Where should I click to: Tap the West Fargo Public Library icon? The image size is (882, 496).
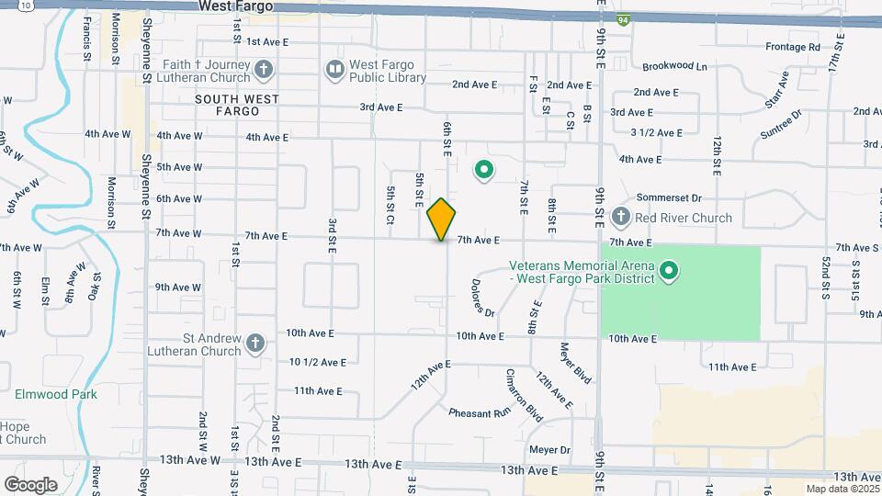tap(335, 69)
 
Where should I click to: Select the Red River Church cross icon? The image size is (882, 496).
tap(620, 218)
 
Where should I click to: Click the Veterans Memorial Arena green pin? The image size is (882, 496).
tap(670, 271)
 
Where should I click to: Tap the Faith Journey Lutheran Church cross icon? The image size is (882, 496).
tap(264, 69)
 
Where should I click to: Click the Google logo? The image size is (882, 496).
tap(30, 484)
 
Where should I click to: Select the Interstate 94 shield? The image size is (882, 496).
tap(624, 20)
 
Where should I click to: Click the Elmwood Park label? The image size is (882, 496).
tap(55, 394)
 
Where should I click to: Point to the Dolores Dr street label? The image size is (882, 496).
tap(483, 299)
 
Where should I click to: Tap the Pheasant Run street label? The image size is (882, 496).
tap(479, 413)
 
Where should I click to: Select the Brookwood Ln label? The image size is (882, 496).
tap(675, 67)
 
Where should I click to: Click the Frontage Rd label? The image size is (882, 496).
tap(792, 47)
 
